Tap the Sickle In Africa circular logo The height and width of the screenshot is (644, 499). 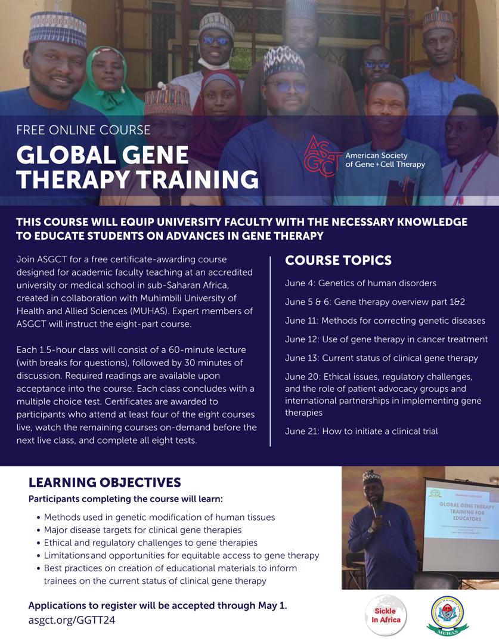[386, 615]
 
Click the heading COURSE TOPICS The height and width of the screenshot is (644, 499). [338, 261]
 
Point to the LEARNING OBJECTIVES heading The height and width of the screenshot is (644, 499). [104, 482]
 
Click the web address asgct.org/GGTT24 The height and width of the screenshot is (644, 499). [72, 620]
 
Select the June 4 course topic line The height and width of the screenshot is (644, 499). [360, 283]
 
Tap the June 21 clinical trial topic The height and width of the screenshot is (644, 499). [361, 431]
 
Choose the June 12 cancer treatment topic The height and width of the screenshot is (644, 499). [386, 339]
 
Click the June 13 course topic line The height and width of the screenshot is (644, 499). [381, 358]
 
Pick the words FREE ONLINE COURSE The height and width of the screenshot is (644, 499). [83, 129]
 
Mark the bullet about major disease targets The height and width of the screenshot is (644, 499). [142, 530]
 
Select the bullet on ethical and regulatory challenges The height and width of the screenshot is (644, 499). [150, 543]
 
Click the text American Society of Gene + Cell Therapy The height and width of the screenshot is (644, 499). [385, 160]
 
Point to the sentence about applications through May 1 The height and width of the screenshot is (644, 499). [157, 605]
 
